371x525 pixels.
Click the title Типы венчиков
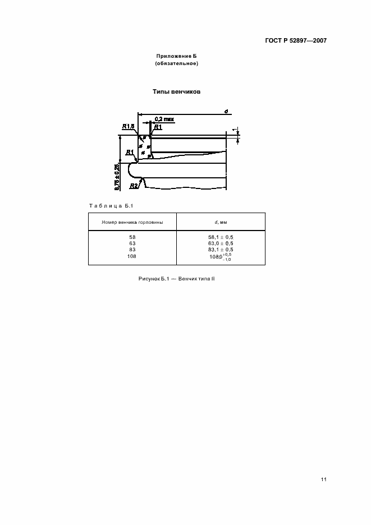(177, 91)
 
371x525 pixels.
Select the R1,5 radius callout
(128, 127)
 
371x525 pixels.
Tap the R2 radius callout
(134, 185)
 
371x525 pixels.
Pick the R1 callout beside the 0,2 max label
(158, 127)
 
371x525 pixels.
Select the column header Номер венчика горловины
(132, 222)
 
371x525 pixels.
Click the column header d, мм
(221, 222)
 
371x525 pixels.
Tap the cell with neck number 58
(132, 237)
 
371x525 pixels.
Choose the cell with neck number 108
(132, 256)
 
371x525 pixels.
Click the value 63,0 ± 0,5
(221, 243)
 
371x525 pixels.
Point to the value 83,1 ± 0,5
(221, 250)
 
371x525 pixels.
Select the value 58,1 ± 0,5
(221, 237)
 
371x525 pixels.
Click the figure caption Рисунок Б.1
(176, 279)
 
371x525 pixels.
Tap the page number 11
(324, 480)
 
